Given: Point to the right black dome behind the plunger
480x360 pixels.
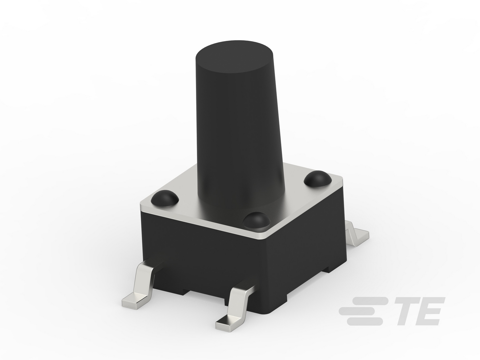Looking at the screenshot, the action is tap(318, 178).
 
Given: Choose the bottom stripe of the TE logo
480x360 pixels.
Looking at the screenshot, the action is tap(365, 321).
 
